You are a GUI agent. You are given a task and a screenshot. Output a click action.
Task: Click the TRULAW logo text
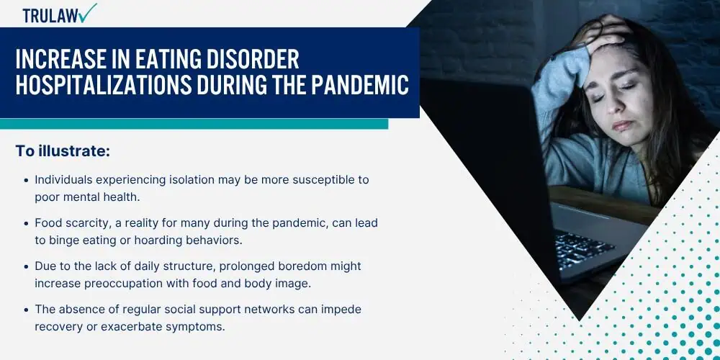(50, 16)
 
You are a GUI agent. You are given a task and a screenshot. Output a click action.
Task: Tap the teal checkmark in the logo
(87, 13)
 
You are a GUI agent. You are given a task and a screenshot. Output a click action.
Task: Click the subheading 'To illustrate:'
(63, 150)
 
